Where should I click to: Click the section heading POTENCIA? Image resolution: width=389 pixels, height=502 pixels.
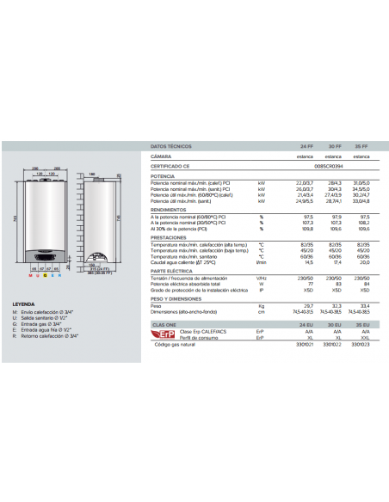[163, 175]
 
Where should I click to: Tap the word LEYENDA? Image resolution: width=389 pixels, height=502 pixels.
[23, 303]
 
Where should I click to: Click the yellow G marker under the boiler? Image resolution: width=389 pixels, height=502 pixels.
[45, 275]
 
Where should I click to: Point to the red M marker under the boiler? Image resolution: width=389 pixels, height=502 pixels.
[30, 275]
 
